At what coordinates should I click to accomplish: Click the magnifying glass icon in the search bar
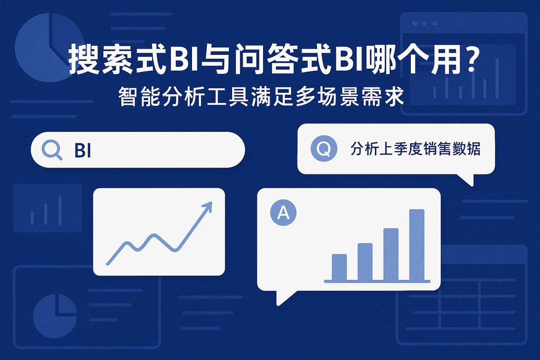point(52,150)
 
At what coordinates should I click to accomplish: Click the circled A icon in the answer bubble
point(283,213)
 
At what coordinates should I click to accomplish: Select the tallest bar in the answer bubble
point(417,245)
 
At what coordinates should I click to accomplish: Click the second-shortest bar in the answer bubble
point(365,261)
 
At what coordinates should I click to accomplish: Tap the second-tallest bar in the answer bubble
point(391,254)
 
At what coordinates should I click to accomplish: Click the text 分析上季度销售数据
point(415,149)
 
